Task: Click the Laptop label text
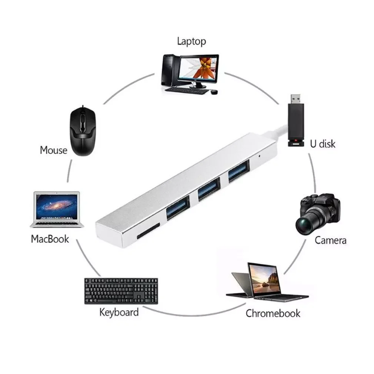pyautogui.click(x=191, y=41)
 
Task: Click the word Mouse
pyautogui.click(x=54, y=150)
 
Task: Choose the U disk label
pyautogui.click(x=323, y=144)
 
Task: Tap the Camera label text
pyautogui.click(x=330, y=240)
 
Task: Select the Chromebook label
pyautogui.click(x=273, y=313)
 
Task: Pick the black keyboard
pyautogui.click(x=121, y=291)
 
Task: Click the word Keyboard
pyautogui.click(x=119, y=312)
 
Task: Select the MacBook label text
pyautogui.click(x=50, y=239)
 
